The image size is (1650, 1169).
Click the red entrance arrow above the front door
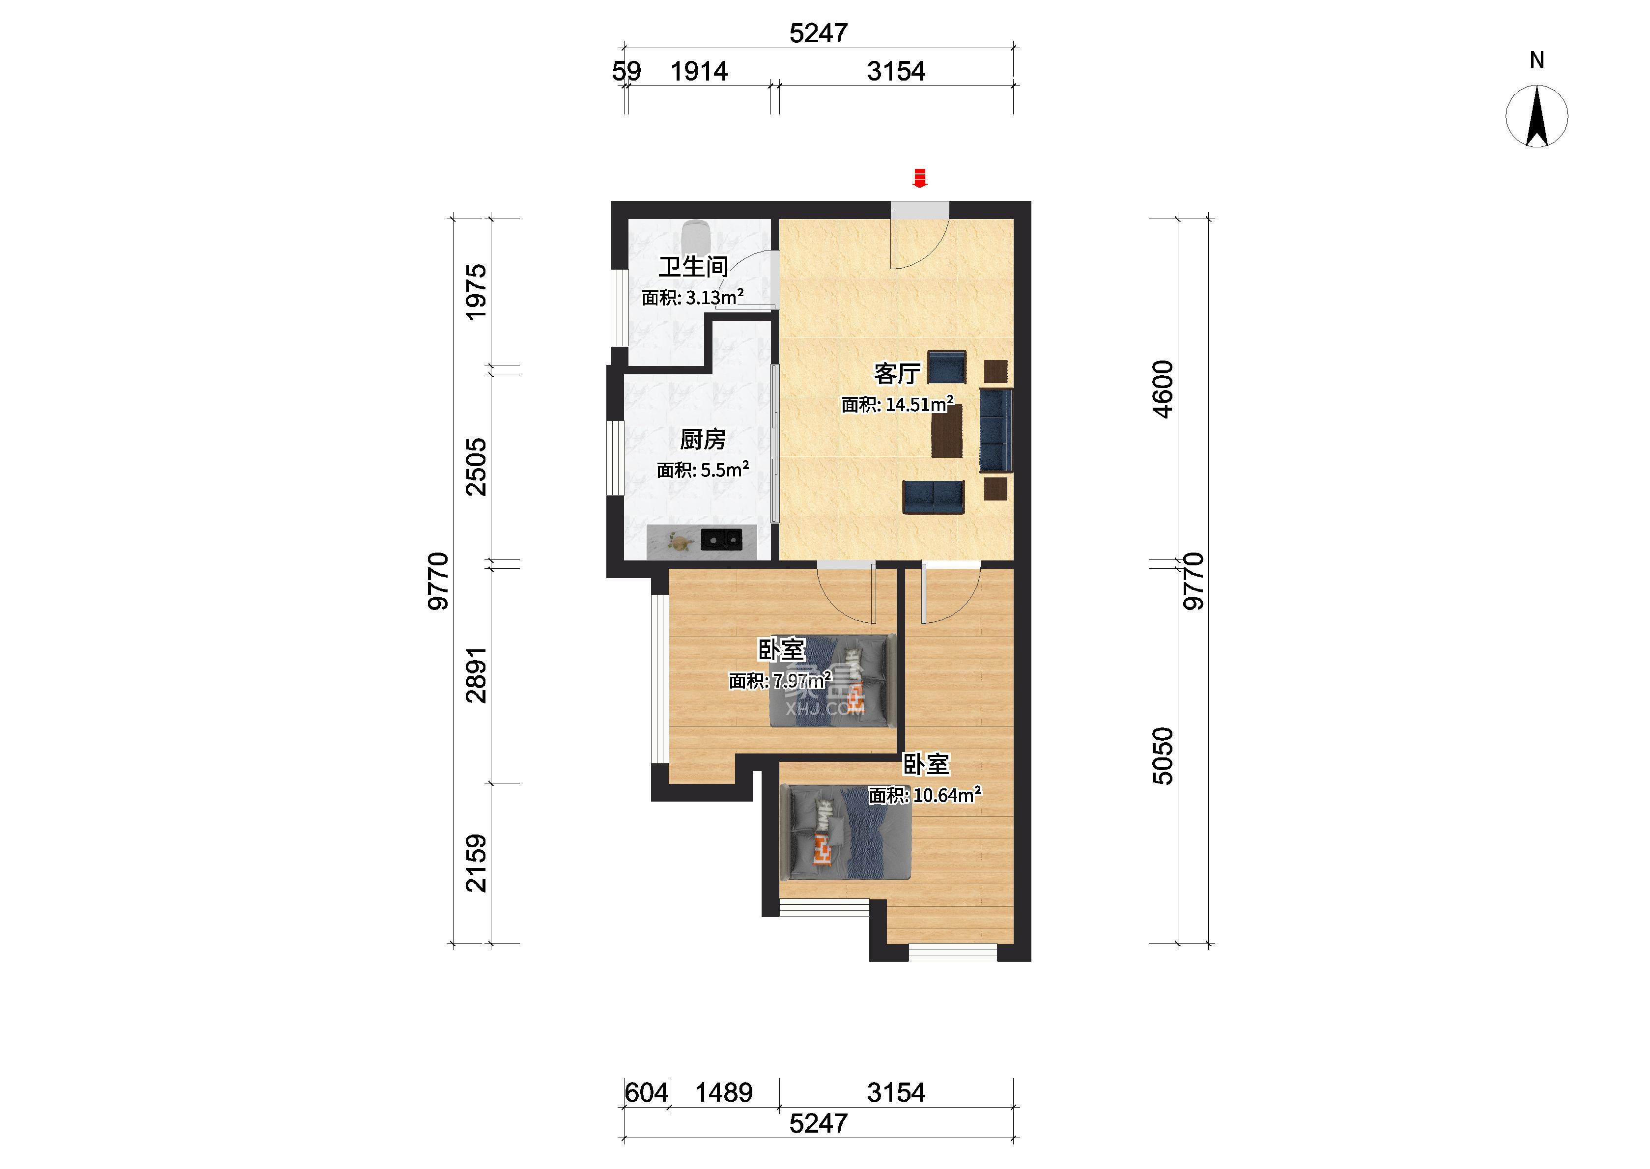(x=919, y=178)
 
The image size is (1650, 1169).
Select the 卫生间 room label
(x=693, y=267)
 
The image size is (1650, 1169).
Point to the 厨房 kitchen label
(x=703, y=439)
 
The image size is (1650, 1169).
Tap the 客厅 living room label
(x=897, y=374)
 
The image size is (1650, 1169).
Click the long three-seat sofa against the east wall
(x=996, y=430)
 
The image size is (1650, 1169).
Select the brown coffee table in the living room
(x=947, y=430)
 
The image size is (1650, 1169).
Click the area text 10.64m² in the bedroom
(x=947, y=795)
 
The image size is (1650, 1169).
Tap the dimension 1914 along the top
(x=699, y=71)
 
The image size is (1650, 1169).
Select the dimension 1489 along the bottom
(x=723, y=1093)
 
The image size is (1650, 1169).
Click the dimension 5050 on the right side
(x=1163, y=756)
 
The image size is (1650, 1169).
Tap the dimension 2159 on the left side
(x=477, y=863)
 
